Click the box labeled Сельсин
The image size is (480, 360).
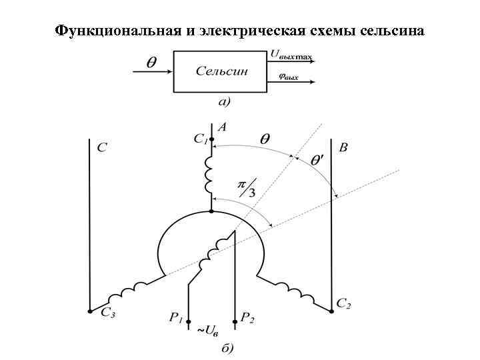pos(221,71)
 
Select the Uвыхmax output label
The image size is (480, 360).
pos(291,56)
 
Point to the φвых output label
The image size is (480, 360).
pos(287,77)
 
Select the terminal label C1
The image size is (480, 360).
pos(201,139)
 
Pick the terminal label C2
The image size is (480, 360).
pos(343,304)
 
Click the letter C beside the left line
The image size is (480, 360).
pos(101,147)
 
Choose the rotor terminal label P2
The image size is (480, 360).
pos(247,319)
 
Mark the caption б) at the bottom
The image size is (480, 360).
pos(226,347)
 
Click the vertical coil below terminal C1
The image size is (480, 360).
pos(210,175)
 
